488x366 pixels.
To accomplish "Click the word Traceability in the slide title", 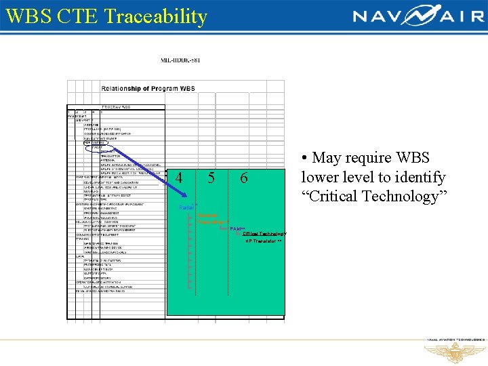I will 162,16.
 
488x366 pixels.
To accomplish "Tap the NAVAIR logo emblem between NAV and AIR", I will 409,16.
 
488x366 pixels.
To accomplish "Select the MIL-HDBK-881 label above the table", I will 180,60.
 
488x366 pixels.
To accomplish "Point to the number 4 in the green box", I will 179,178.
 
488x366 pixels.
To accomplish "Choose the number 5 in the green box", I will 211,178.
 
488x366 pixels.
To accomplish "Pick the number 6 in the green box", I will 244,178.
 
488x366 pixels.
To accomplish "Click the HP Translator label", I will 264,241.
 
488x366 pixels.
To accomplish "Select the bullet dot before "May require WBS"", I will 306,159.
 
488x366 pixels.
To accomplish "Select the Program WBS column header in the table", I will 116,106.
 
